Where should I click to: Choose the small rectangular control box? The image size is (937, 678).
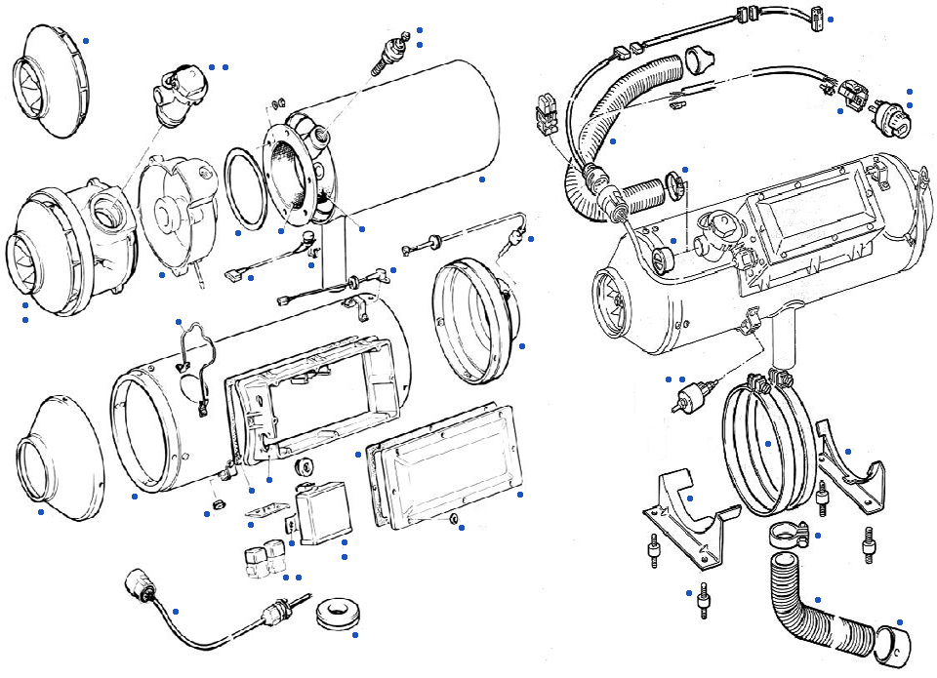pyautogui.click(x=322, y=512)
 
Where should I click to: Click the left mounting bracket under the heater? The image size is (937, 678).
pyautogui.click(x=688, y=512)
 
